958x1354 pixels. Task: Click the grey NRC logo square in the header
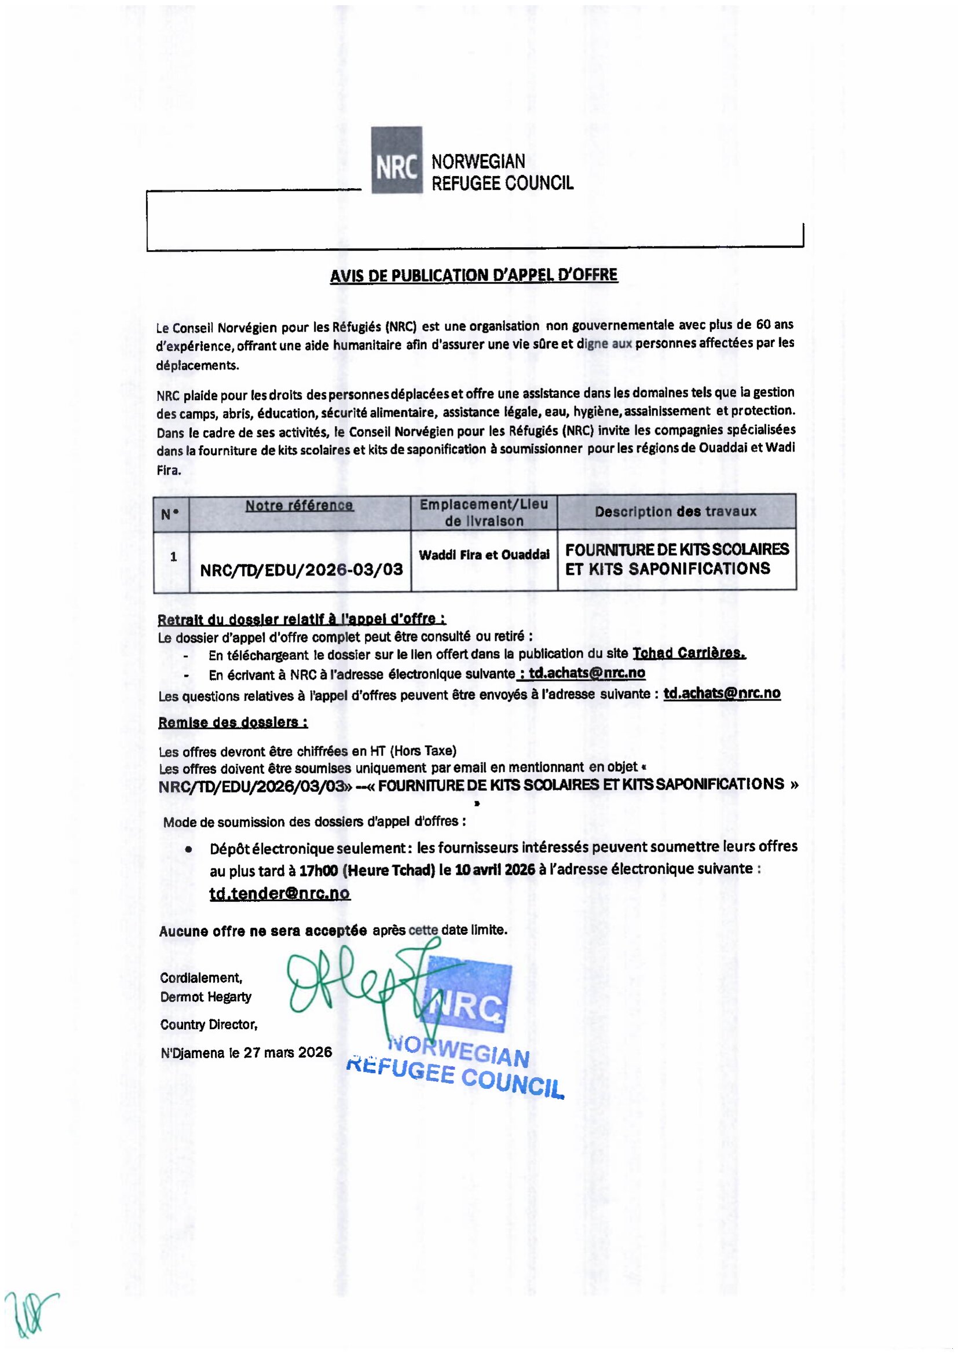click(x=396, y=160)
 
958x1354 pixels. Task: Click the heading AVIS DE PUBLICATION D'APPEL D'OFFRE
click(x=474, y=276)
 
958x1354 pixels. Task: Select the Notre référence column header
click(x=299, y=505)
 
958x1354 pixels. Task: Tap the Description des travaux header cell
click(x=675, y=511)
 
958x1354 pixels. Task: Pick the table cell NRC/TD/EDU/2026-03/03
click(x=301, y=570)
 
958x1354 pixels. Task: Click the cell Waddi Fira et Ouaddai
click(x=484, y=555)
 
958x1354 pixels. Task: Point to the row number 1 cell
click(x=173, y=557)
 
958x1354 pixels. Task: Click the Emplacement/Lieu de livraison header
click(x=484, y=512)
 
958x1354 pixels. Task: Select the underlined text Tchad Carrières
click(x=689, y=653)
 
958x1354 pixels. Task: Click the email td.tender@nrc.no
click(x=280, y=893)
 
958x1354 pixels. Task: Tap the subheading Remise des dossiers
click(x=232, y=722)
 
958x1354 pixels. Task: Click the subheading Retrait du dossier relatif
click(x=301, y=619)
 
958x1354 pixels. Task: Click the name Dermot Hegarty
click(x=206, y=997)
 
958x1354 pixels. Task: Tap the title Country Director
click(x=209, y=1025)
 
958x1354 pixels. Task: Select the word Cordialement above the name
click(x=200, y=978)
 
